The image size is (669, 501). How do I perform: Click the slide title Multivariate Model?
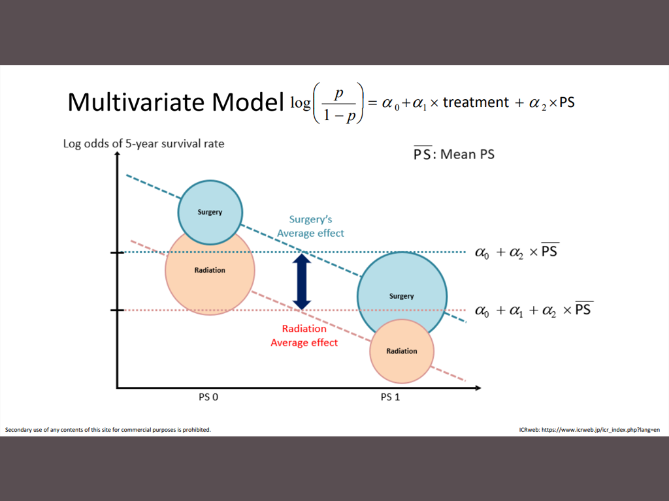click(x=175, y=102)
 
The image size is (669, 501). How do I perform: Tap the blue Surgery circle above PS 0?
click(x=210, y=212)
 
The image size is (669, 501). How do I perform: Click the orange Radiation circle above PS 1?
click(x=402, y=352)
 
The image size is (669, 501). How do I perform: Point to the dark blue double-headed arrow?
click(x=302, y=282)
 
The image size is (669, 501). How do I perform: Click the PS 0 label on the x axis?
click(x=208, y=397)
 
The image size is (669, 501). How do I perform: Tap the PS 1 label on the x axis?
click(x=390, y=397)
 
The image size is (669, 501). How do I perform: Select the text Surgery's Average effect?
click(x=310, y=226)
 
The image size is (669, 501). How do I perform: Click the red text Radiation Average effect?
click(x=304, y=336)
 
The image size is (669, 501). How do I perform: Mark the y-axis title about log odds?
click(x=144, y=144)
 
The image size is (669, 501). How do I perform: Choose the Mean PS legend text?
click(x=454, y=154)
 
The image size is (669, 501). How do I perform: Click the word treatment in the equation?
click(x=476, y=102)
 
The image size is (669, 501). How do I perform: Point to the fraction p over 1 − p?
click(x=339, y=104)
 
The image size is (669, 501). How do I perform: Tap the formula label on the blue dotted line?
click(x=517, y=251)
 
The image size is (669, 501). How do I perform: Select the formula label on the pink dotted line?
click(x=534, y=310)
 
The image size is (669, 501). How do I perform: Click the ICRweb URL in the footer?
click(x=589, y=430)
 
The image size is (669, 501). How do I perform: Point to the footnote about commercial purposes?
click(x=108, y=430)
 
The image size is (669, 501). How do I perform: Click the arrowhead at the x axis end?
click(x=478, y=387)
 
